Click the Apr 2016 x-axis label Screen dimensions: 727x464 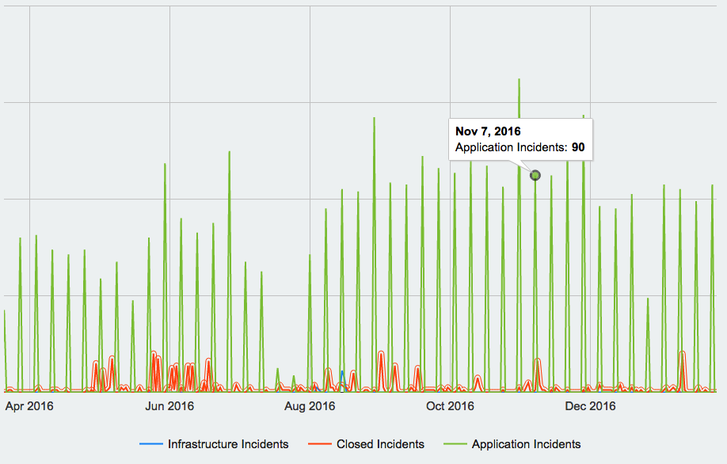click(29, 406)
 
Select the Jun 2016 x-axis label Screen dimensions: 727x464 click(169, 406)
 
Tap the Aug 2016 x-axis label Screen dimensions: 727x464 click(310, 406)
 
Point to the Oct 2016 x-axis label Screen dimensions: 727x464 click(450, 406)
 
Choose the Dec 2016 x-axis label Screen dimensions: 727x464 click(590, 406)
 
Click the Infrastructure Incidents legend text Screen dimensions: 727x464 click(228, 444)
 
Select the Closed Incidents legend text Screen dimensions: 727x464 click(380, 444)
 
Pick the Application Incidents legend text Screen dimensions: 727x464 click(526, 444)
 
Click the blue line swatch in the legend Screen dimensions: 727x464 click(151, 444)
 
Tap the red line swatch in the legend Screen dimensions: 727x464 click(320, 444)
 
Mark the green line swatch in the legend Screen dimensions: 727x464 click(455, 444)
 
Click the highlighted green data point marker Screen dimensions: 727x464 click(535, 175)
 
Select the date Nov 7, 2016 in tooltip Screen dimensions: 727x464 click(488, 131)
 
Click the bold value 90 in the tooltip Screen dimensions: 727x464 click(577, 147)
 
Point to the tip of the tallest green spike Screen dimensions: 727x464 click(519, 79)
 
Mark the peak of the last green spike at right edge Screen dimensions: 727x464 click(712, 185)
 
